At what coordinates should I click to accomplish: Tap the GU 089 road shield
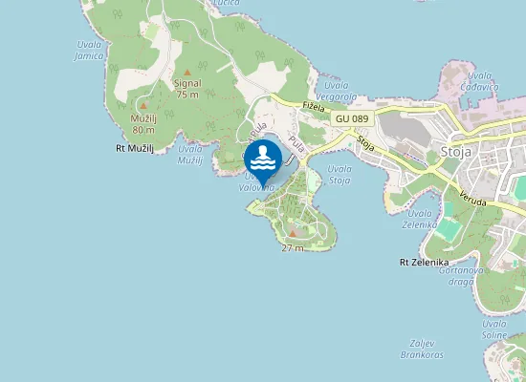click(352, 117)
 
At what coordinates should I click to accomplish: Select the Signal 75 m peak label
click(187, 89)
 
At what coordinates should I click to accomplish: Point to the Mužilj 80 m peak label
click(143, 123)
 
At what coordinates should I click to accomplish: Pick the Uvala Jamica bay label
click(89, 51)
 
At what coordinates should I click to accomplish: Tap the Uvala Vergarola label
click(340, 92)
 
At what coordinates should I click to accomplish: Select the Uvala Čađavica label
click(480, 81)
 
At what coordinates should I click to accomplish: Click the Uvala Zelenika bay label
click(420, 218)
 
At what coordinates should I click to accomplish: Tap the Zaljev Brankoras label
click(423, 349)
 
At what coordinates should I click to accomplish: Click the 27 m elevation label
click(293, 248)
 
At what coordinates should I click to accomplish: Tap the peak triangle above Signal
click(187, 72)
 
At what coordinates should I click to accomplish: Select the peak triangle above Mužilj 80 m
click(143, 105)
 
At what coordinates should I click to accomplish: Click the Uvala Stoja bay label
click(339, 174)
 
